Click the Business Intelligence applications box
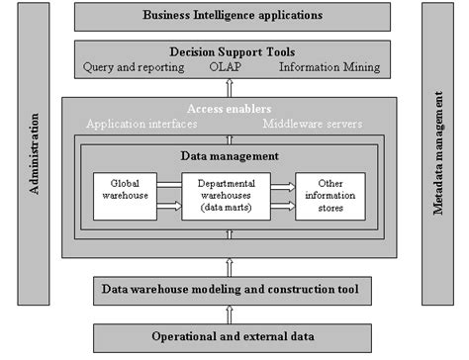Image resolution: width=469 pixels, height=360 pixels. [x=233, y=16]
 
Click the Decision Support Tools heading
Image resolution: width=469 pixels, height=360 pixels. [x=233, y=51]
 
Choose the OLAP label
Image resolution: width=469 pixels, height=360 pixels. [x=231, y=67]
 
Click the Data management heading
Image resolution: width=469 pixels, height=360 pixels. [x=230, y=155]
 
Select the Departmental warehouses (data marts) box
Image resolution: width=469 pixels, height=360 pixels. [x=228, y=196]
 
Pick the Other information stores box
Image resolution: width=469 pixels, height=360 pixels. [x=330, y=196]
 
